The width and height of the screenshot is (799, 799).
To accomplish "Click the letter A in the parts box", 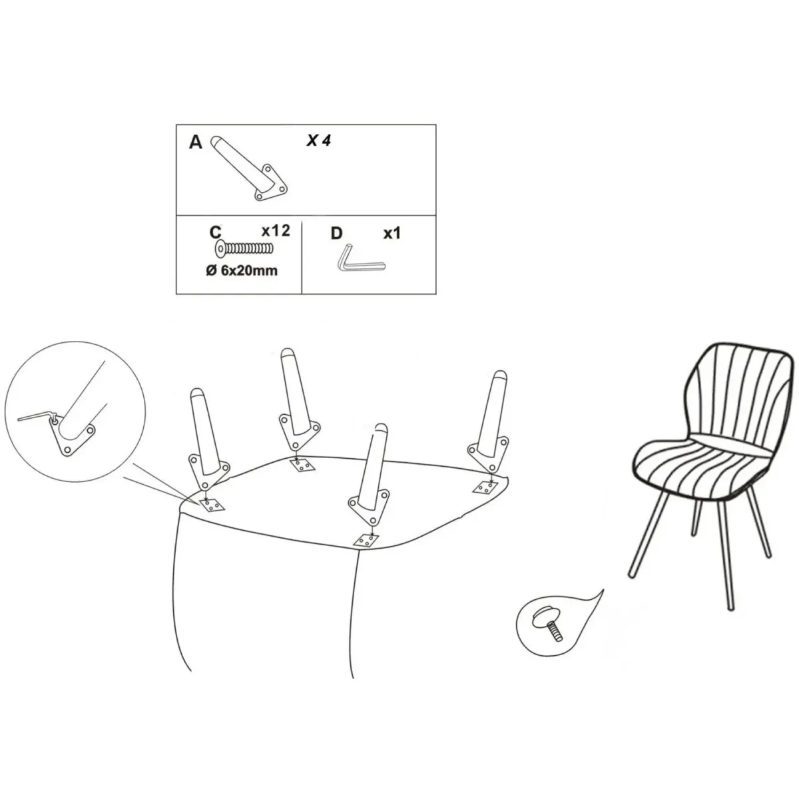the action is pyautogui.click(x=195, y=142).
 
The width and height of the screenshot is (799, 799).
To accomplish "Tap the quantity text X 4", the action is pyautogui.click(x=318, y=141).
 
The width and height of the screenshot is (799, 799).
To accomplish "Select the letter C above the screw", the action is pyautogui.click(x=216, y=232).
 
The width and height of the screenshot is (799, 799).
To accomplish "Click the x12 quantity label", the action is pyautogui.click(x=276, y=231).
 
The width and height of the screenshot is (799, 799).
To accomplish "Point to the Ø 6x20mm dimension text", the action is pyautogui.click(x=242, y=271).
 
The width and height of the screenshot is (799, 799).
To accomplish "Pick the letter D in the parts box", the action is pyautogui.click(x=337, y=234).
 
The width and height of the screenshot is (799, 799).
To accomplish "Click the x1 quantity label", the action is pyautogui.click(x=392, y=234).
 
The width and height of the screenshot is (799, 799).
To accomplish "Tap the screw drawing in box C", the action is pyautogui.click(x=244, y=249).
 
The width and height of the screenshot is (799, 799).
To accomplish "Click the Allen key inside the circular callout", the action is pyautogui.click(x=37, y=416).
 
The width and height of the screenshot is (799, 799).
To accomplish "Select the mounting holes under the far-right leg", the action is pyautogui.click(x=485, y=487).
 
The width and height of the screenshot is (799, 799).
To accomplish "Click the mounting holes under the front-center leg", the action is pyautogui.click(x=366, y=540).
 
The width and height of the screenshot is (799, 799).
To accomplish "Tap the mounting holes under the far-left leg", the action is pyautogui.click(x=212, y=505).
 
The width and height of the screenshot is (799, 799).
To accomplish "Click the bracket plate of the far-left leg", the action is pyautogui.click(x=208, y=471).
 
